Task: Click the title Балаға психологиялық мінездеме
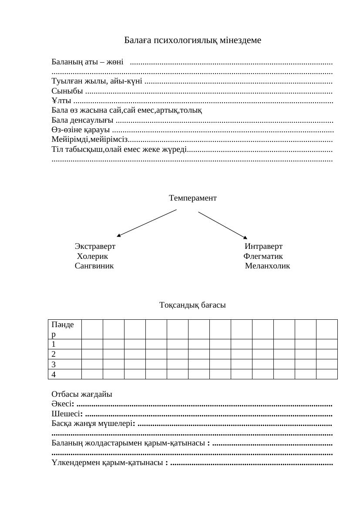tap(192, 40)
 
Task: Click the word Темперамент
tap(192, 198)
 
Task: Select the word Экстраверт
tap(95, 247)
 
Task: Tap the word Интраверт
tap(263, 247)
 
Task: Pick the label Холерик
tap(92, 256)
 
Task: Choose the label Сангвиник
tap(94, 266)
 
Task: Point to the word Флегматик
tap(263, 256)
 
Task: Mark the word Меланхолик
tap(267, 266)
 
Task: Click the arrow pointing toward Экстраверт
tap(147, 223)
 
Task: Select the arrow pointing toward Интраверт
tap(222, 225)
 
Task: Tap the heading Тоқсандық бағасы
tap(192, 305)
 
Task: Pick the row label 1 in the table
tap(54, 344)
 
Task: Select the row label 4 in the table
tap(54, 374)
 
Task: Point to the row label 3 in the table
tap(54, 364)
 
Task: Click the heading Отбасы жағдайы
tap(82, 394)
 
